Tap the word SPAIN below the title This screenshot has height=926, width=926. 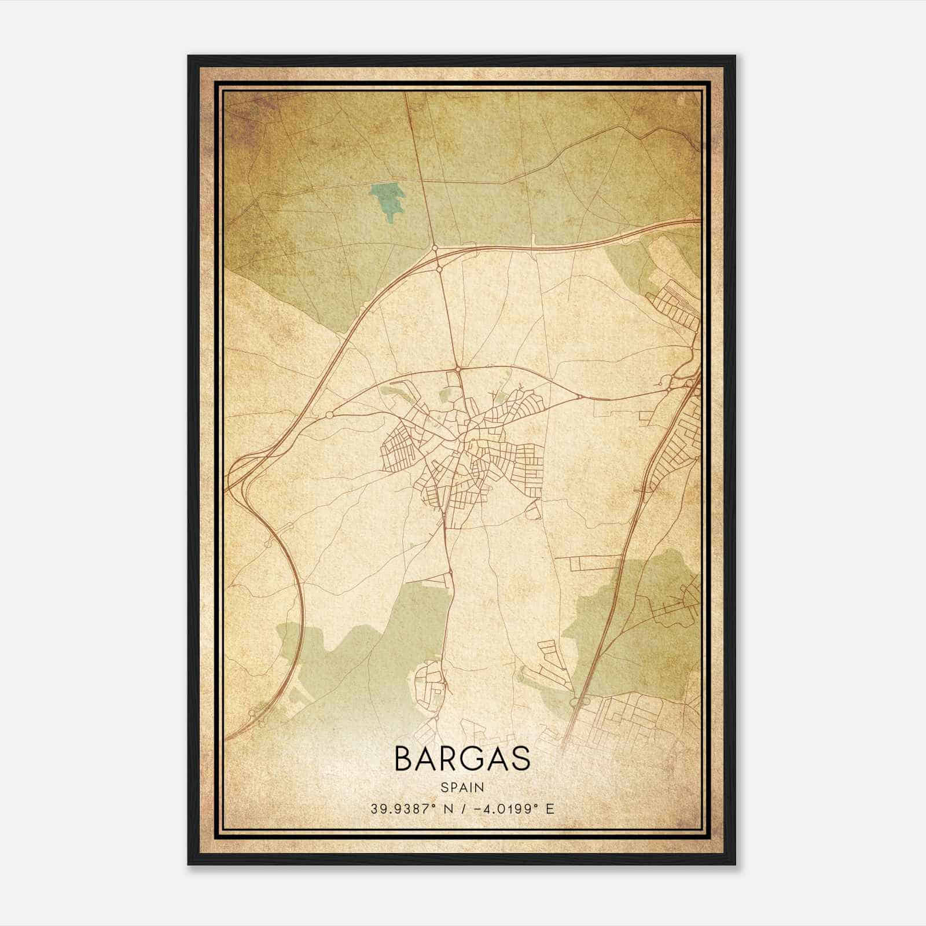tap(462, 787)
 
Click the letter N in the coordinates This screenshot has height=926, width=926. tap(447, 809)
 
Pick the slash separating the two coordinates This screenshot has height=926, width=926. tap(461, 809)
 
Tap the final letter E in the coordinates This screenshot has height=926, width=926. tap(550, 809)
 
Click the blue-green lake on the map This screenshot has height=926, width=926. tap(386, 201)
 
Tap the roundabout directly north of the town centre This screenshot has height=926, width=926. tap(457, 368)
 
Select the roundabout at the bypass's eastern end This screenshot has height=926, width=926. tap(579, 396)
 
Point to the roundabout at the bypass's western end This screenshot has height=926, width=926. tap(329, 415)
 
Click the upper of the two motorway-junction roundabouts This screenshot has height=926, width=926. tap(435, 249)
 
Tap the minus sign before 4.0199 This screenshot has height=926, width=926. tap(477, 809)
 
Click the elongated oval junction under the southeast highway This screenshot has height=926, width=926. tap(574, 702)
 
